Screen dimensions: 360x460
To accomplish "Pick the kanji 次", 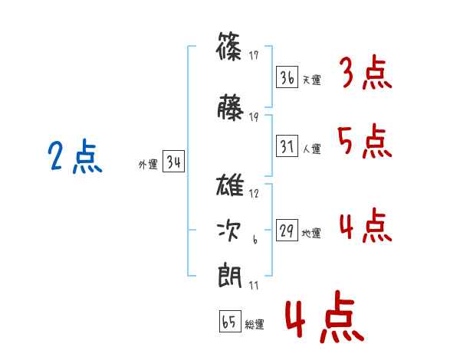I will [x=230, y=231].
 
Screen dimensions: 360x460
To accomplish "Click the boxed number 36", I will [x=287, y=77].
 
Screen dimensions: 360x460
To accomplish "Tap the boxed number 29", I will [x=287, y=231].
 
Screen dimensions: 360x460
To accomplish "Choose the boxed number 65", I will [x=229, y=322].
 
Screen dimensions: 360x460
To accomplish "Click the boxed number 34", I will [x=173, y=162].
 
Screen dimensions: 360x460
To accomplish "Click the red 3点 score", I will [x=364, y=74].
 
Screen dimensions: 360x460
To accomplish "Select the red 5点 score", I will [x=364, y=141].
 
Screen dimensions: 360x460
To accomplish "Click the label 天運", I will [x=311, y=80].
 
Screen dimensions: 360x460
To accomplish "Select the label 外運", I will [x=147, y=164].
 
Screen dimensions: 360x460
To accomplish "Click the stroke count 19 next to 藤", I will [x=254, y=117].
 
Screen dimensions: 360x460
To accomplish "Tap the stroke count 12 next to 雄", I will [x=254, y=194].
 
